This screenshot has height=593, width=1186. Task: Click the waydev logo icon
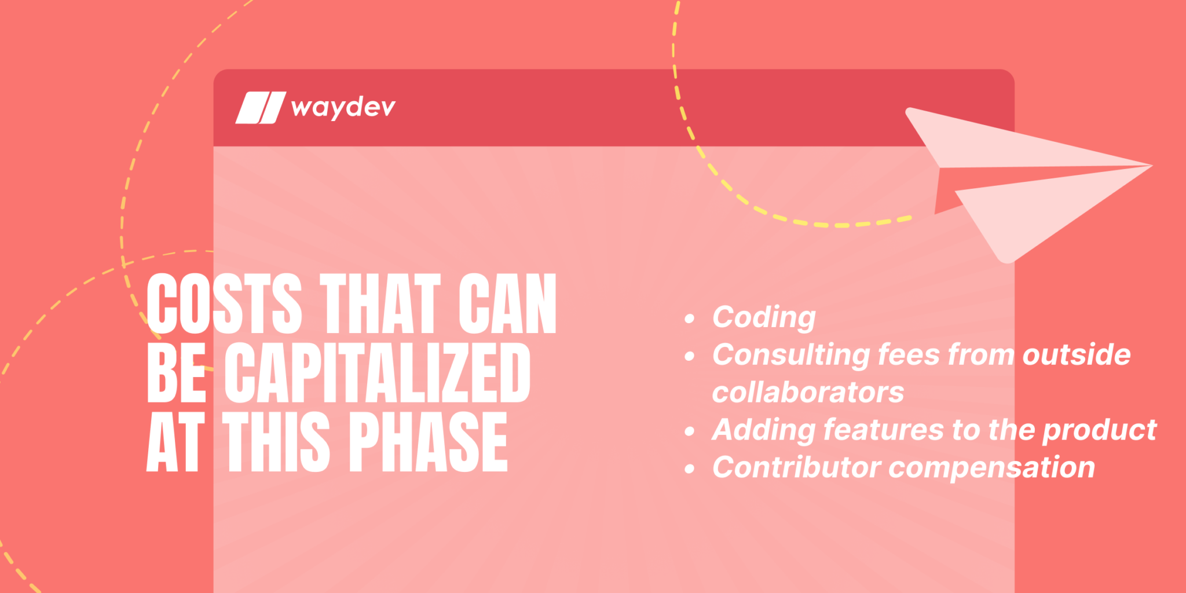pos(260,108)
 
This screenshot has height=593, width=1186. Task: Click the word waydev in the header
pos(343,108)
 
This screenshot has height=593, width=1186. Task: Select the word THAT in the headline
pos(380,304)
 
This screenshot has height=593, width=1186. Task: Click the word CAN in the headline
pos(507,304)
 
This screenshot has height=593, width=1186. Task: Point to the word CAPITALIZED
pos(377,372)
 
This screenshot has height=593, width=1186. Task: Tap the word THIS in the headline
pos(276,441)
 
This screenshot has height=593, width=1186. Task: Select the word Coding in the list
pos(764,317)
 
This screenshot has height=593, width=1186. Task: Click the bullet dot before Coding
pos(689,319)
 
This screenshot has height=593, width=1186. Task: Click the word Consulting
pos(791,355)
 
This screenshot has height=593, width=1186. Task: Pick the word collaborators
pos(808,393)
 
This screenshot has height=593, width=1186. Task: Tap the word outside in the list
pos(1076,355)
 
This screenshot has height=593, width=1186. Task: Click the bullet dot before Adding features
pos(689,431)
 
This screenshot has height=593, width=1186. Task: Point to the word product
pos(1099,430)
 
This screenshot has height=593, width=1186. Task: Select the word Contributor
pos(796,467)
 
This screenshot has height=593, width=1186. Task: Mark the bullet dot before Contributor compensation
pos(689,469)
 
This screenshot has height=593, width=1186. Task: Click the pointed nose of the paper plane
pos(1150,166)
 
